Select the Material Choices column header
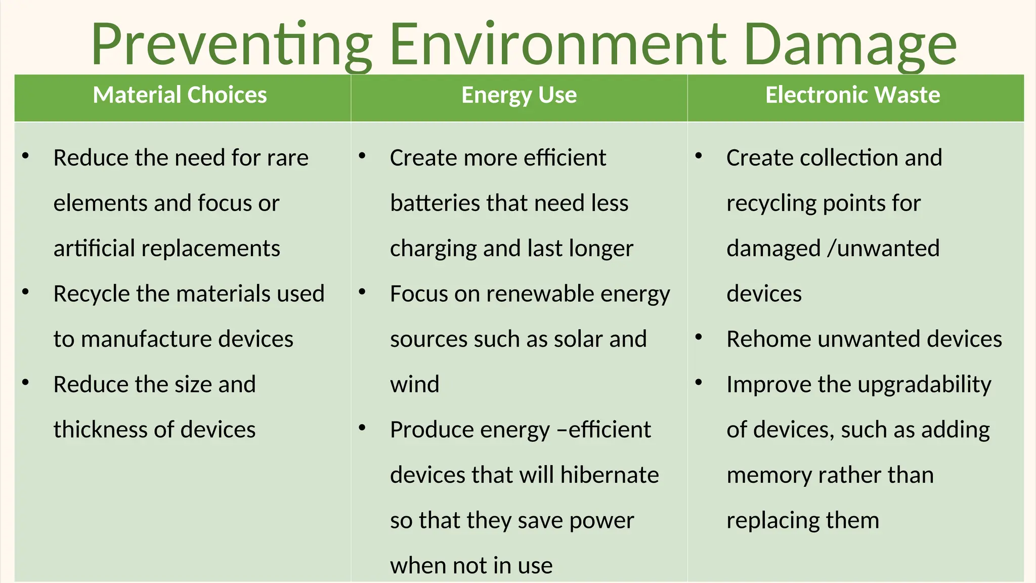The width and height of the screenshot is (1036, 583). [x=180, y=95]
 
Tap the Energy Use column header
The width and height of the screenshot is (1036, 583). [x=519, y=95]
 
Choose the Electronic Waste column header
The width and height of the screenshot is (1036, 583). [x=852, y=95]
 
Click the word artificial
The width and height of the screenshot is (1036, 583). [x=94, y=248]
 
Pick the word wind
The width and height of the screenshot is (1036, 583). [x=414, y=385]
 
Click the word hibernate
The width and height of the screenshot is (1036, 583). [x=609, y=475]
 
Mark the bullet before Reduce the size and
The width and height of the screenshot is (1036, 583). [x=25, y=383]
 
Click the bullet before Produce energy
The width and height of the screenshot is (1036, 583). [x=362, y=428]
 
